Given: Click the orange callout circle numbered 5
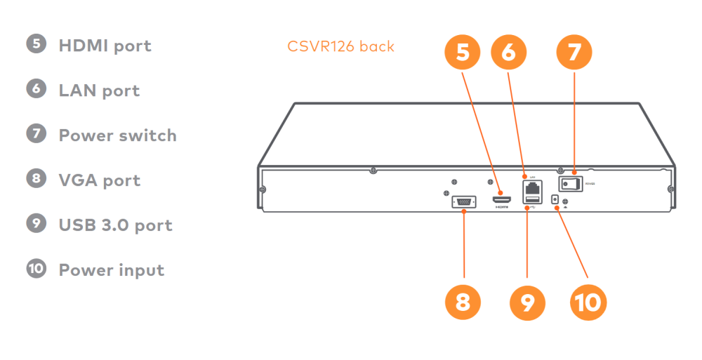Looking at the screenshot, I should (463, 53).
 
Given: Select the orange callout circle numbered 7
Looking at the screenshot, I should (574, 53).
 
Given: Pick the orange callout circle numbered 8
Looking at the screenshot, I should (463, 302).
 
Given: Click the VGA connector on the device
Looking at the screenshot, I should (463, 202).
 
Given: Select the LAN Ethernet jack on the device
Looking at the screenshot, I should (531, 188).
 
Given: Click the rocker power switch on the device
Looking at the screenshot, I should (571, 183).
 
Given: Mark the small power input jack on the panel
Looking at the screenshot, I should (556, 200).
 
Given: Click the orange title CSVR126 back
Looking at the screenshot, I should (340, 47).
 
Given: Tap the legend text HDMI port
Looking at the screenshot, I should (105, 46).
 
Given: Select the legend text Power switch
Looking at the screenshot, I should (117, 135).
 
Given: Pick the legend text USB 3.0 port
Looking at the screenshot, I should (115, 225).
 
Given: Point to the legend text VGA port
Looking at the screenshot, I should (100, 180).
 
